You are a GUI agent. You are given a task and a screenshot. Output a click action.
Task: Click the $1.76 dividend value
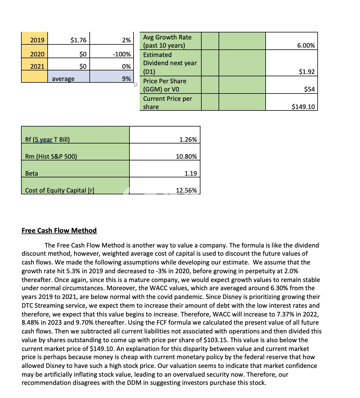pyautogui.click(x=78, y=40)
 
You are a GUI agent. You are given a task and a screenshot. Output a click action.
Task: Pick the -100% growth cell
pyautogui.click(x=122, y=54)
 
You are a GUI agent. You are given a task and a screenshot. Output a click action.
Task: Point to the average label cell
pyautogui.click(x=63, y=79)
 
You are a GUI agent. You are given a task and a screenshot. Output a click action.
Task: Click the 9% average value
pyautogui.click(x=126, y=79)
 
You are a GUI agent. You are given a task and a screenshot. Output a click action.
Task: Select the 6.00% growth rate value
pyautogui.click(x=306, y=45)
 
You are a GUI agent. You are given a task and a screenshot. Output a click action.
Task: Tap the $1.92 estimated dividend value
pyautogui.click(x=307, y=72)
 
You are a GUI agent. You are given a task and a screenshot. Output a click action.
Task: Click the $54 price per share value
pyautogui.click(x=309, y=89)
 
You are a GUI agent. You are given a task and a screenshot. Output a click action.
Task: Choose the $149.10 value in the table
pyautogui.click(x=303, y=107)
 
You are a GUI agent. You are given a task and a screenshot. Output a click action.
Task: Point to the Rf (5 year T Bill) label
pyautogui.click(x=48, y=139)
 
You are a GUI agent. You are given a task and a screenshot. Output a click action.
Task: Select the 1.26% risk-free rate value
pyautogui.click(x=188, y=139)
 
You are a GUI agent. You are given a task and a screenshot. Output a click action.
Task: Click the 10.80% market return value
pyautogui.click(x=186, y=156)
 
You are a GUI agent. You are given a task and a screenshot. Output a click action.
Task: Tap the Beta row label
pyautogui.click(x=32, y=173)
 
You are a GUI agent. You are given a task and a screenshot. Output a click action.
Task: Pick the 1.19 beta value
pyautogui.click(x=191, y=173)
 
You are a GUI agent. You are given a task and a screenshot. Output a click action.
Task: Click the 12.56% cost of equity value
pyautogui.click(x=186, y=190)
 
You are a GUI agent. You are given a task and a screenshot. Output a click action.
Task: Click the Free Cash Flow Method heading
pyautogui.click(x=59, y=231)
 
